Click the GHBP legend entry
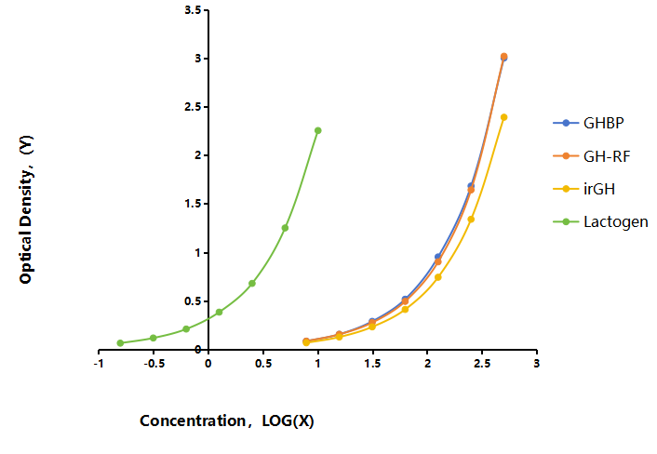[588, 123]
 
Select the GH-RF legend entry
[592, 156]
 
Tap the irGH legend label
[599, 189]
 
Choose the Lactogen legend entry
[600, 221]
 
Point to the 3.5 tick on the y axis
[194, 9]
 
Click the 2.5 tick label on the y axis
[194, 107]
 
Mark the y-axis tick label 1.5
[194, 204]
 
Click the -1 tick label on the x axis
[99, 364]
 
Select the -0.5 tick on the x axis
[154, 364]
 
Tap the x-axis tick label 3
[536, 364]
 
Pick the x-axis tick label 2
[427, 364]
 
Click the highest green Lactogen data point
[318, 130]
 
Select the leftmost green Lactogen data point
[120, 343]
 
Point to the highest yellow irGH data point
[504, 117]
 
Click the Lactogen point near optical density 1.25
[285, 228]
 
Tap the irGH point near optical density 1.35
[471, 219]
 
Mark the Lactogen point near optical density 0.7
[252, 284]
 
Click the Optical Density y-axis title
[26, 209]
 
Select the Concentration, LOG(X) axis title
[227, 421]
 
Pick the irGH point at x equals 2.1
[438, 277]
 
